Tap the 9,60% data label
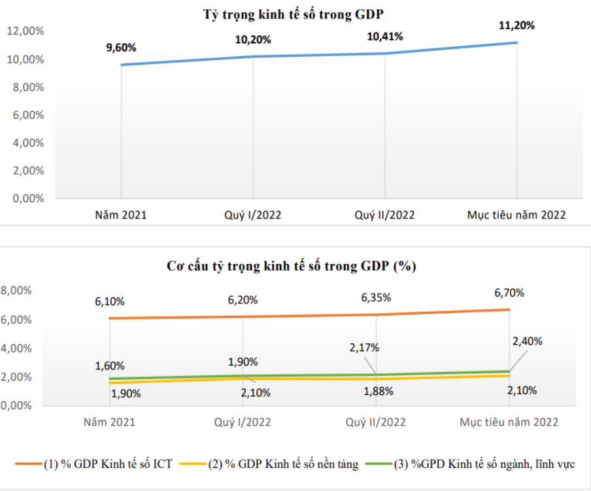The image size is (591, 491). [121, 47]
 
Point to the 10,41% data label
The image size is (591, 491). [384, 37]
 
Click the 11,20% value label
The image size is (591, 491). [516, 25]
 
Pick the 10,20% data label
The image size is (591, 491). [253, 39]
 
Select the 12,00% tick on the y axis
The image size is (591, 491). [25, 31]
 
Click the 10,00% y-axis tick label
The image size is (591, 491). [25, 59]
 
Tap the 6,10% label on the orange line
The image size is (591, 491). [110, 301]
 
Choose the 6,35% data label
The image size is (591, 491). [376, 297]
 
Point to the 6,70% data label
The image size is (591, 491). [509, 293]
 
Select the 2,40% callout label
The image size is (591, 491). [527, 341]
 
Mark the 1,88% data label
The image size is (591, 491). [376, 391]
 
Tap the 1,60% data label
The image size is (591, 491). [110, 365]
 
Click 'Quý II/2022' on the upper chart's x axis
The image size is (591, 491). [384, 214]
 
